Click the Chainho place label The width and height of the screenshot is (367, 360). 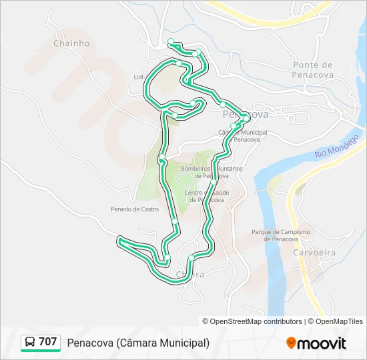(71, 43)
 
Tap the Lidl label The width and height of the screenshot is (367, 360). (139, 77)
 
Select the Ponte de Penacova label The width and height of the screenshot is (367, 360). (312, 69)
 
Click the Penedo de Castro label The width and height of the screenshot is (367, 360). (135, 209)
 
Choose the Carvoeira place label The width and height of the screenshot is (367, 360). (314, 253)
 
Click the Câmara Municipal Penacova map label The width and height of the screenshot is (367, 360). (243, 136)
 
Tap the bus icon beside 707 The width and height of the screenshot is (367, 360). (30, 342)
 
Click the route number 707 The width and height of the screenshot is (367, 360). (48, 342)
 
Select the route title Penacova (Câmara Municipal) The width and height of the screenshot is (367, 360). (138, 343)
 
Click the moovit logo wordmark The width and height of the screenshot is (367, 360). (322, 343)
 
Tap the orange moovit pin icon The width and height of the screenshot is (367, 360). (292, 343)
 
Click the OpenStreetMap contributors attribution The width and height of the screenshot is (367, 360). (256, 321)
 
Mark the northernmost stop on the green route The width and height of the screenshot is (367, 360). (171, 41)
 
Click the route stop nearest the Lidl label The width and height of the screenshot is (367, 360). (179, 64)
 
